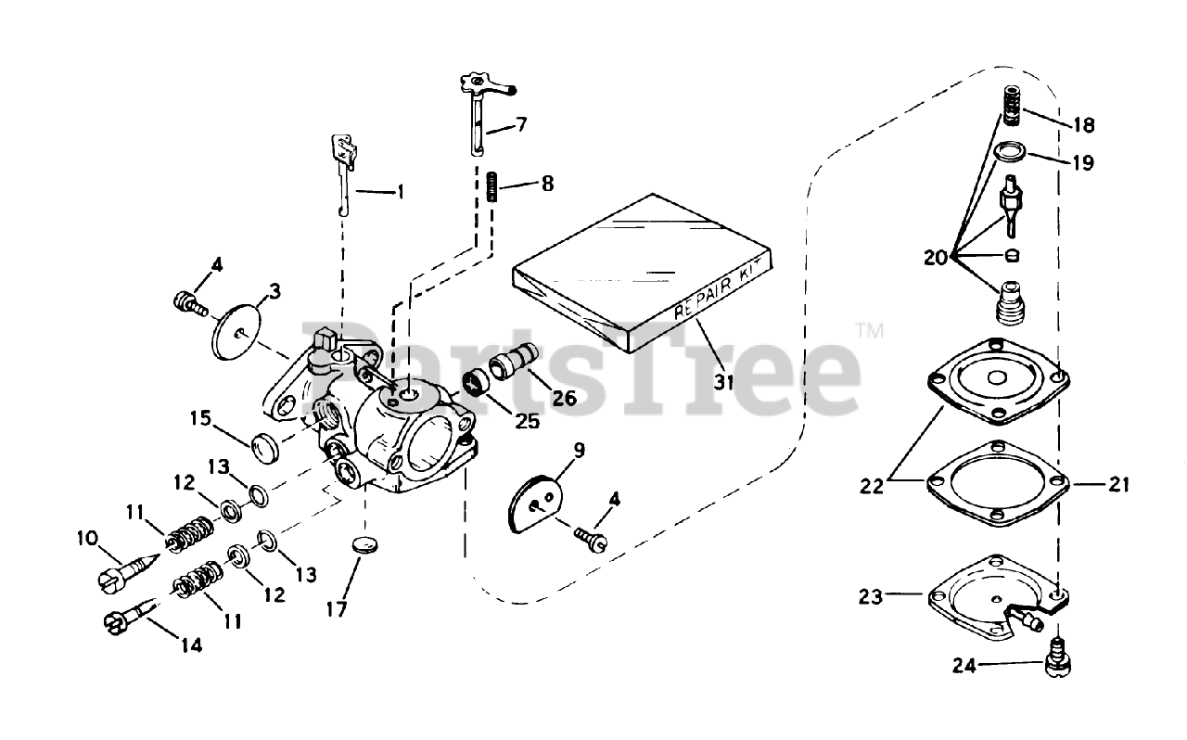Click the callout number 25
(x=527, y=421)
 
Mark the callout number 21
(x=1118, y=483)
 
